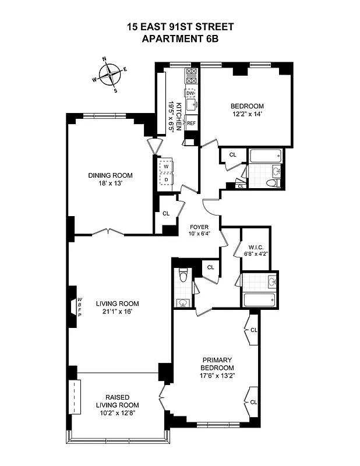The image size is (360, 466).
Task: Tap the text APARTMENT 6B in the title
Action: (180, 38)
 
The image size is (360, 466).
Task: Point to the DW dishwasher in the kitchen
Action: (190, 93)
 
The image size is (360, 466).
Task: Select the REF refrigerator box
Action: (190, 123)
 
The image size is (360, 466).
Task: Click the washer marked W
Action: (165, 167)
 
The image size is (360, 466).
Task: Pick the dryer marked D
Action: (165, 179)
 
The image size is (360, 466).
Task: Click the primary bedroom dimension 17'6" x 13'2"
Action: (218, 376)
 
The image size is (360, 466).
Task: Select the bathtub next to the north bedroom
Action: (264, 156)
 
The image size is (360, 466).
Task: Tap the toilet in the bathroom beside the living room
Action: (183, 276)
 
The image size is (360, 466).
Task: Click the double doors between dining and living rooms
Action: (108, 233)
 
